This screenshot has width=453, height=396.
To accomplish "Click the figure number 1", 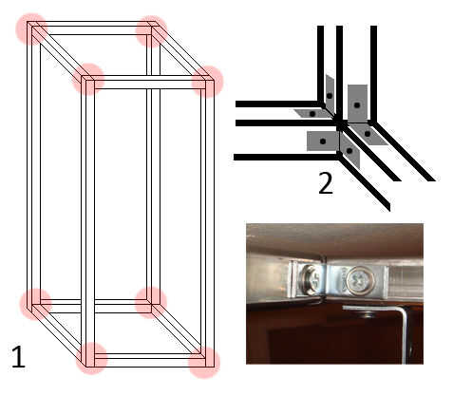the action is coord(18,357).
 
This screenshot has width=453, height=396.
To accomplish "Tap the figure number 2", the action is coord(326,183).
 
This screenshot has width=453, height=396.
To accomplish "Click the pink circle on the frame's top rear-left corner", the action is coord(31,28).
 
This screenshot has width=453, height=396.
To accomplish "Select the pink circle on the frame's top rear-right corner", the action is coord(152,31).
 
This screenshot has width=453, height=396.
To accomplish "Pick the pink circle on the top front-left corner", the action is coord(88,79).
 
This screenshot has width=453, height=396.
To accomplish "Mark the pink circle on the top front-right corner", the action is coord(208,82).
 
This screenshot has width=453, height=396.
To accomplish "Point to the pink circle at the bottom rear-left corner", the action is coord(35,304).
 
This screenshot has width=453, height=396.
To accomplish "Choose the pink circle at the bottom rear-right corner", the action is coord(151,303).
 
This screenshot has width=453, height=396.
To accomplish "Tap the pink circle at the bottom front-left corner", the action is coord(91,358).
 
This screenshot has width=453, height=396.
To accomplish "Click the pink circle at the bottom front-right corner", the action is coord(204,363).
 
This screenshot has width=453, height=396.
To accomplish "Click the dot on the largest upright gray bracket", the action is coord(357,104).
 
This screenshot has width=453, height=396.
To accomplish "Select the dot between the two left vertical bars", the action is coord(330,95).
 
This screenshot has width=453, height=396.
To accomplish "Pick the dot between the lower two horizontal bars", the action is coord(323,141).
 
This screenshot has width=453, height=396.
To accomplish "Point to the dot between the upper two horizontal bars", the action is coord(312,113).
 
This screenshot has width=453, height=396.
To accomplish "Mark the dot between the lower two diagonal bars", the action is coord(349,151).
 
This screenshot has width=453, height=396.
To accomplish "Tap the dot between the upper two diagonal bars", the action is coord(368,134).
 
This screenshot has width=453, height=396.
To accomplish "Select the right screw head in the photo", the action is coord(361,280).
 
